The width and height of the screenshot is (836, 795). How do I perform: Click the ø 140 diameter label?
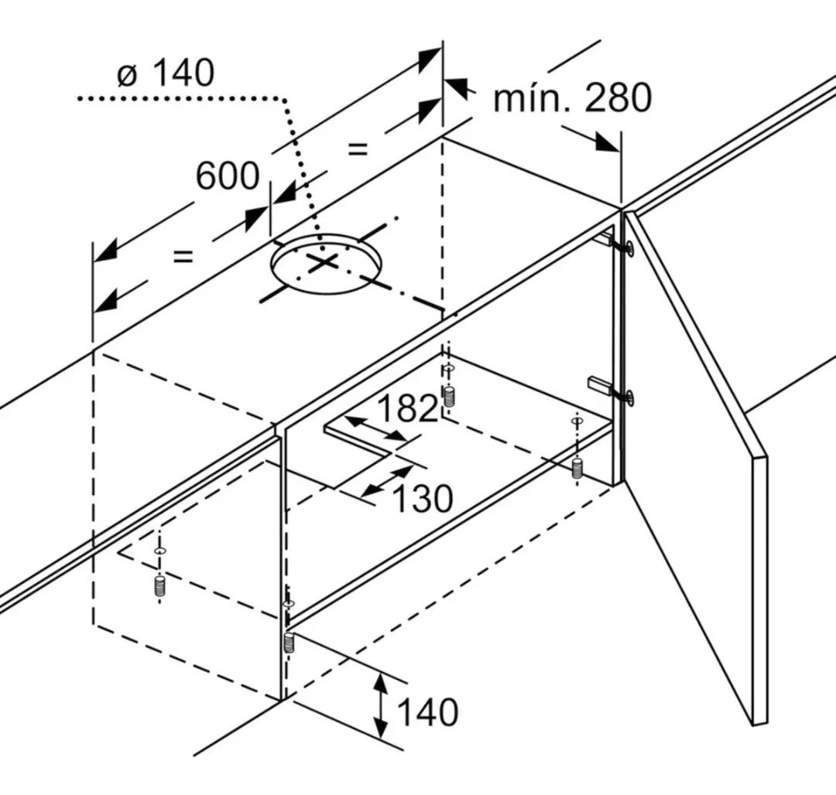166,73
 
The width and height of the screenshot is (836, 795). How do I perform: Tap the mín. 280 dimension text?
573,98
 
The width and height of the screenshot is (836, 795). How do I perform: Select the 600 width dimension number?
228,176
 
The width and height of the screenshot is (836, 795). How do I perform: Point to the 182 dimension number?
407,408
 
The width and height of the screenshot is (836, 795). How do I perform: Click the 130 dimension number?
423,499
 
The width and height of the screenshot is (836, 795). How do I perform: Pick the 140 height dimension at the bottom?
427,712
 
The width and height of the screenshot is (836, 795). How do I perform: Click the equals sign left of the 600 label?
183,258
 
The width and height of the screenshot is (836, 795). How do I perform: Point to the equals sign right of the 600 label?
358,149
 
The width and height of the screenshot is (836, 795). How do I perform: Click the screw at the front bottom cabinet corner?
289,643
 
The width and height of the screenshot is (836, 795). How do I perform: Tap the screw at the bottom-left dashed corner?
159,585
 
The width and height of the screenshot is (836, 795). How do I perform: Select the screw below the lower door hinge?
577,468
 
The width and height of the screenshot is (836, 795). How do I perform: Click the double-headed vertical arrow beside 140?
380,706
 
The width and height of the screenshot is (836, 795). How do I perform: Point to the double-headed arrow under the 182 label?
375,428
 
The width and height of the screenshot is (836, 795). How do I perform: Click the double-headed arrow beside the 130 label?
387,482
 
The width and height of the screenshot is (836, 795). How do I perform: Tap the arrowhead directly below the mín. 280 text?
605,143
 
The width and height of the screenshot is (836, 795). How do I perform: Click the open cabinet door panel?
697,469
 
